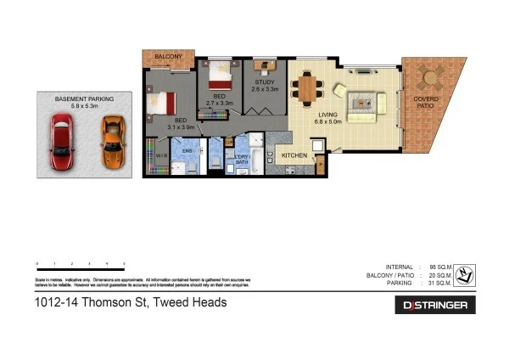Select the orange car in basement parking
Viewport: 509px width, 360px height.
point(110,143)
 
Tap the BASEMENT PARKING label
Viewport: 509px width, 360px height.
point(85,98)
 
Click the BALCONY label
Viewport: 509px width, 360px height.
point(168,57)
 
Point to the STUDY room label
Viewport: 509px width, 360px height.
point(263,82)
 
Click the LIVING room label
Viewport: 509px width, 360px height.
point(328,115)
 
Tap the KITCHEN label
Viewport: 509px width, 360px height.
point(294,155)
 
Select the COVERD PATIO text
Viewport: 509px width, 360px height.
point(426,104)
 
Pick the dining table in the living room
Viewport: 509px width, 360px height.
point(307,87)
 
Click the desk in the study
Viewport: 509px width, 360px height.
point(266,65)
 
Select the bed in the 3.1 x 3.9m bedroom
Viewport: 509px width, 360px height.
point(163,103)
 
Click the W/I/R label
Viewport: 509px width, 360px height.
point(161,157)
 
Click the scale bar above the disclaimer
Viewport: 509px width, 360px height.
point(81,269)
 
